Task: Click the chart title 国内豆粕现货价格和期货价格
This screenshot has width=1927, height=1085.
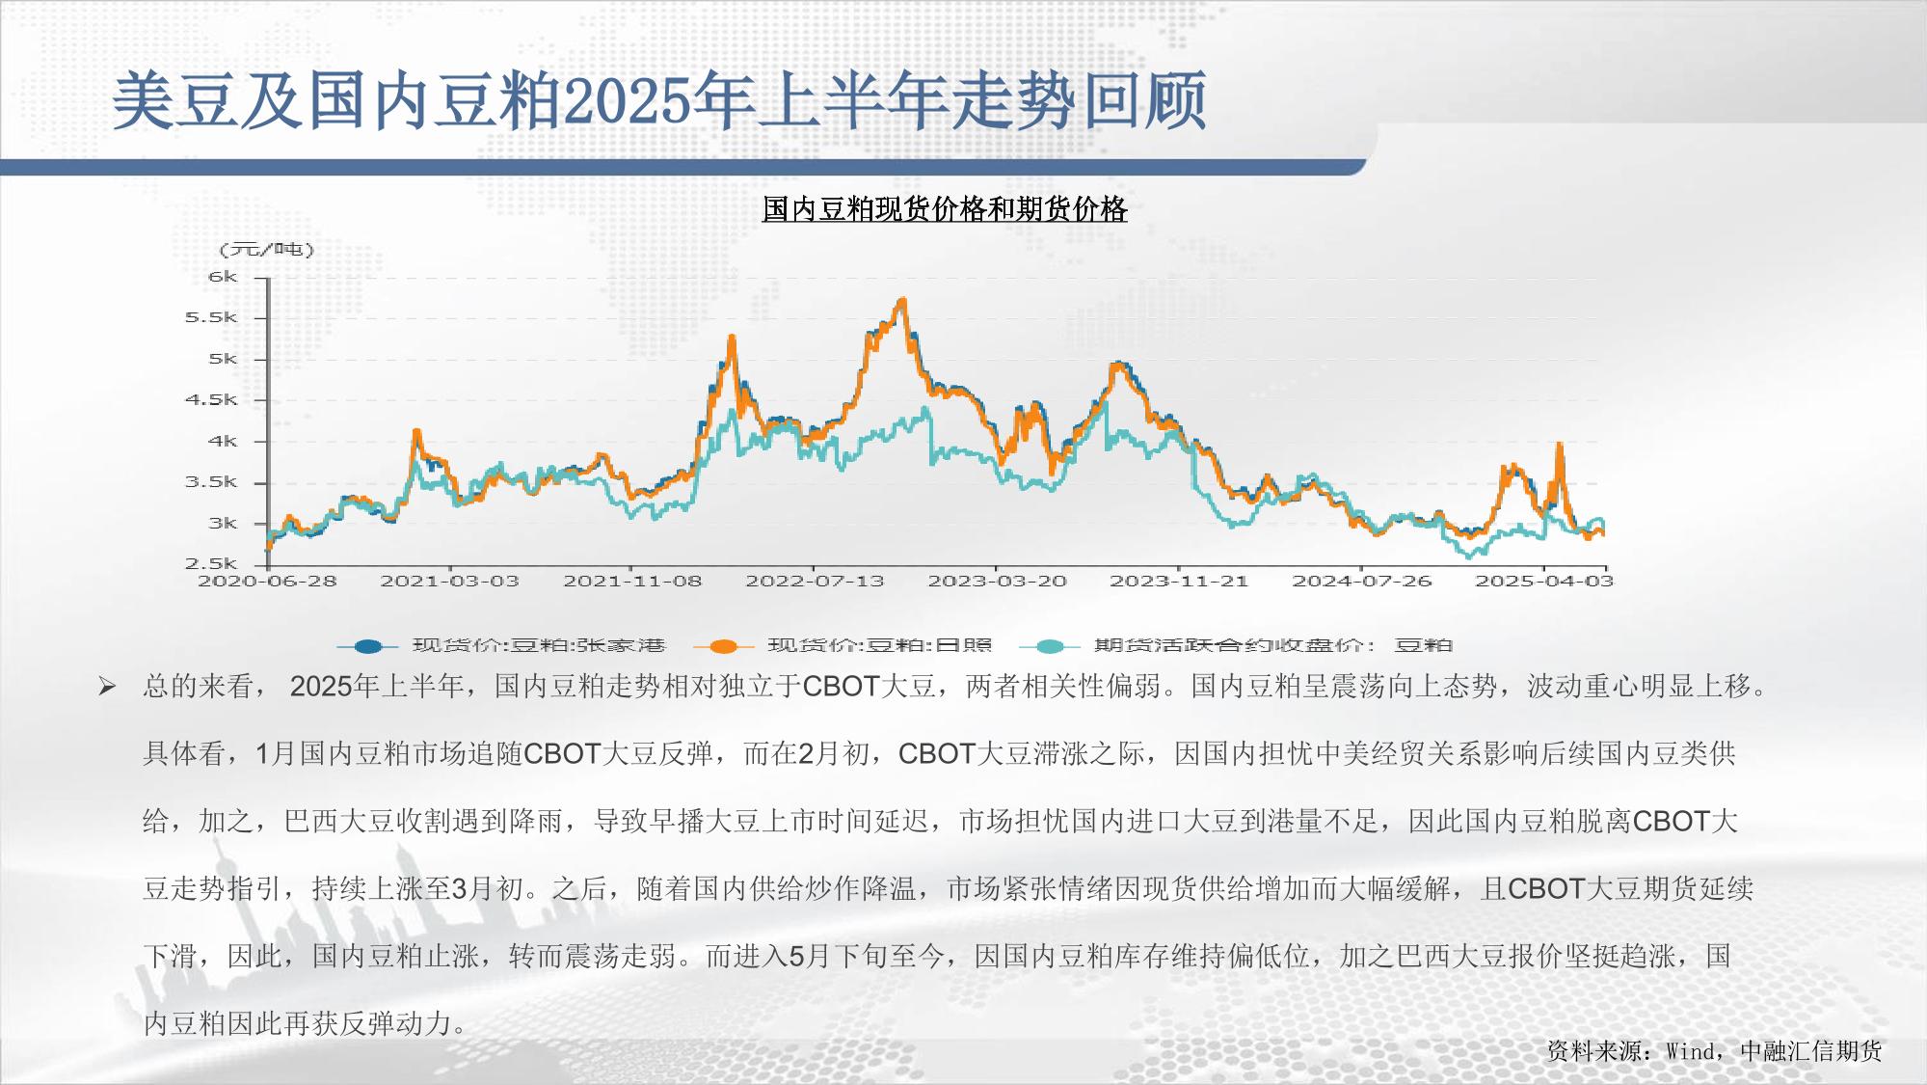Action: point(945,209)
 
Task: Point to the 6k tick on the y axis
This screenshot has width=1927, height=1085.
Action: point(223,277)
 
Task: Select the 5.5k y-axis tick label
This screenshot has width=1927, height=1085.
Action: point(211,318)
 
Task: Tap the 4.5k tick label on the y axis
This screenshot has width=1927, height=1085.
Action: point(211,400)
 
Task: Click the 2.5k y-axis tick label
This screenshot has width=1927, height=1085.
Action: point(211,564)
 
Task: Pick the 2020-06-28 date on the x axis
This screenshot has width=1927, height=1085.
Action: point(267,581)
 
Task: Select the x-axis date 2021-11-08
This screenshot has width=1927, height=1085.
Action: point(632,581)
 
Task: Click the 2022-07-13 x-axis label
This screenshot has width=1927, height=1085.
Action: point(815,581)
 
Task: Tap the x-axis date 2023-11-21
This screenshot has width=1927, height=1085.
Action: point(1179,581)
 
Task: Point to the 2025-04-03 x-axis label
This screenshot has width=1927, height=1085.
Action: point(1544,581)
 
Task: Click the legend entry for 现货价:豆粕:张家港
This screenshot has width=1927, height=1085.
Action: point(501,645)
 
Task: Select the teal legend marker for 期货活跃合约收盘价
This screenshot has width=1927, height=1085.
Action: point(1049,646)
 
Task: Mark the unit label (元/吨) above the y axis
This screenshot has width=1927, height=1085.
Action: point(267,250)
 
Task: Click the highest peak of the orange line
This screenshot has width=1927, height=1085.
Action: point(902,300)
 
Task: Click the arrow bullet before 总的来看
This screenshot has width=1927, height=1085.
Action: point(107,687)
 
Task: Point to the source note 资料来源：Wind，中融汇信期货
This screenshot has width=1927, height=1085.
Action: point(1714,1050)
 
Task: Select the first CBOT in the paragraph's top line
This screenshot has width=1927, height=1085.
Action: point(841,686)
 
